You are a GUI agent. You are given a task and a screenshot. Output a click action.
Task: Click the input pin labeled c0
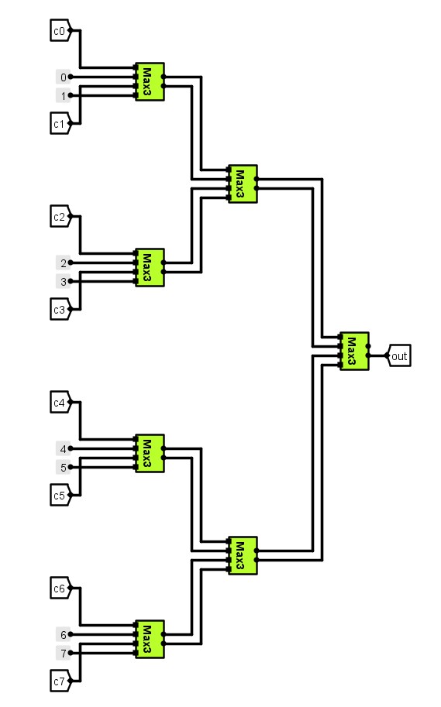(x=60, y=31)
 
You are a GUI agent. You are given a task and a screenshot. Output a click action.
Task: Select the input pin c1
(x=60, y=123)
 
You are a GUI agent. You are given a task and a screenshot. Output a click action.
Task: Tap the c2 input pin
(x=60, y=217)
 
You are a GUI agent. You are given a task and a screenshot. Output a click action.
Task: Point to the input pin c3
(x=60, y=309)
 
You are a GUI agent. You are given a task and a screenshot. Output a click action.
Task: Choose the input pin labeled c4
(x=60, y=403)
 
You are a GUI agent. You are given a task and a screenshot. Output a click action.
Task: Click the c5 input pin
(x=60, y=495)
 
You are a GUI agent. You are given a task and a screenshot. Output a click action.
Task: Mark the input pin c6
(x=60, y=589)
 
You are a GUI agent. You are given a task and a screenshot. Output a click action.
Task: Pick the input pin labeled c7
(x=60, y=681)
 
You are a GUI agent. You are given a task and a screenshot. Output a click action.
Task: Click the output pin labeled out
(x=399, y=356)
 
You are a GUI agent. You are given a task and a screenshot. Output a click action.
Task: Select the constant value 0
(x=63, y=77)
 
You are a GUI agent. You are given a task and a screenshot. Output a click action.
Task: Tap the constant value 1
(x=63, y=96)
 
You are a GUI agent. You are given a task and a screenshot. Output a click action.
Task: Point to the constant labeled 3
(x=63, y=282)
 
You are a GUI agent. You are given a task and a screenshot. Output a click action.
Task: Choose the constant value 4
(x=63, y=448)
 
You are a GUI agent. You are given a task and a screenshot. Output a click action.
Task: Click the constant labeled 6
(x=63, y=634)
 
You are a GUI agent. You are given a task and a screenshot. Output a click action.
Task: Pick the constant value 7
(x=63, y=654)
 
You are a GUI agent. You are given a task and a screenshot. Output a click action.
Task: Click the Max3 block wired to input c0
(x=150, y=82)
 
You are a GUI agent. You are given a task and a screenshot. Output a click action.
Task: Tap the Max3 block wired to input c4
(x=150, y=454)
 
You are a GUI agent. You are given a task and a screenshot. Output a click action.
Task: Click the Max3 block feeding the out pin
(x=354, y=352)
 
